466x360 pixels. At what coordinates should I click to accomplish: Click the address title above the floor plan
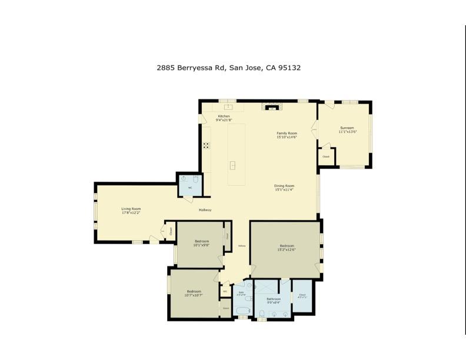pos(228,68)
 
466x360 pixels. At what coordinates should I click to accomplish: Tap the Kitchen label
pos(224,116)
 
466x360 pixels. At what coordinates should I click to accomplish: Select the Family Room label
pos(287,134)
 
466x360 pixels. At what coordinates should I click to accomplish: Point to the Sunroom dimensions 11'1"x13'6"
pos(347,132)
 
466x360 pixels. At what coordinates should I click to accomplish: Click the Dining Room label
pos(284,186)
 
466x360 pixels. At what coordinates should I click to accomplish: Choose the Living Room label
pos(131,209)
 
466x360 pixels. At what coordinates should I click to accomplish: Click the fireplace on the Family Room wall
pos(272,107)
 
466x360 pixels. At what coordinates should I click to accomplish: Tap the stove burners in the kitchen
pos(207,145)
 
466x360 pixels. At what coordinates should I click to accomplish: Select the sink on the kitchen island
pos(232,165)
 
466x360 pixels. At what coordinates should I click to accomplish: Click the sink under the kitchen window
pos(227,107)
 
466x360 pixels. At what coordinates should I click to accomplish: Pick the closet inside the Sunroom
pos(326,156)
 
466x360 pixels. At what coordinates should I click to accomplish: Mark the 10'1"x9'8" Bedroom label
pos(201,242)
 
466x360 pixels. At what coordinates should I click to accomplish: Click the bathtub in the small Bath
pos(242,309)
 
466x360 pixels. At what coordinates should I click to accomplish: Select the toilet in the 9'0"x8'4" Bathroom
pos(261,312)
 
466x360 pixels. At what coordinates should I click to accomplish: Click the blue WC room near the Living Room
pos(189,184)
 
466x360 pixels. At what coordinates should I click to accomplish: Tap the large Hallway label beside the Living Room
pos(205,210)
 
